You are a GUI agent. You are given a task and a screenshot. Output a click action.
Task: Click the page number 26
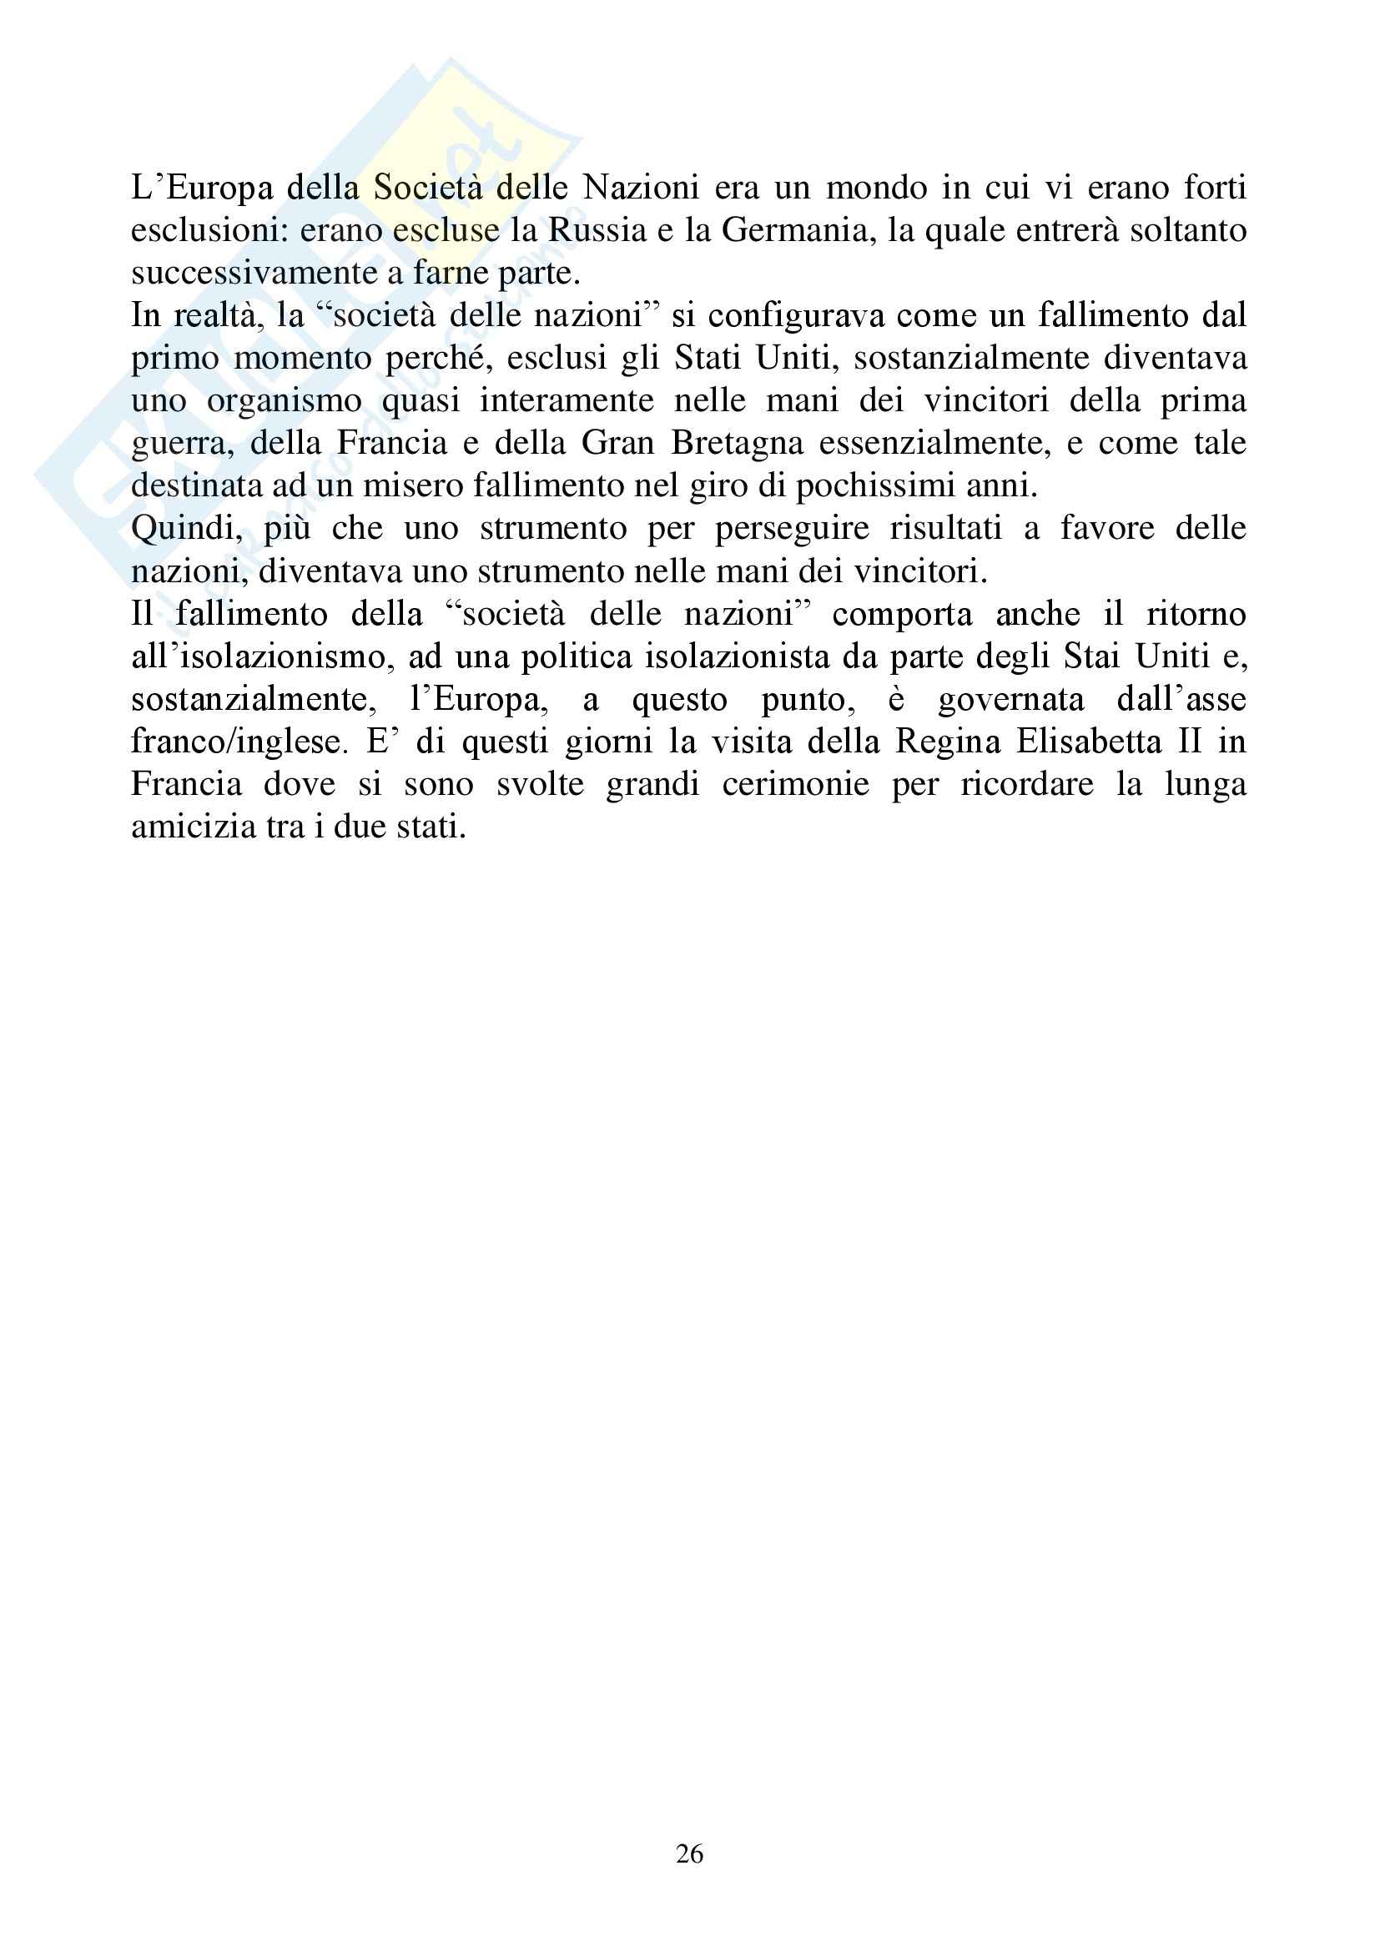pos(689,1853)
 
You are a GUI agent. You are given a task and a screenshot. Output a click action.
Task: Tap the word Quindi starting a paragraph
pos(187,529)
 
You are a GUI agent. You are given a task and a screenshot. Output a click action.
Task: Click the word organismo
pos(284,401)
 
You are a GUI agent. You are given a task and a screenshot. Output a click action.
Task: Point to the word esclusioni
pos(208,230)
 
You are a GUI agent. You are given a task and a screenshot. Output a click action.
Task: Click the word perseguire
pos(792,529)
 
